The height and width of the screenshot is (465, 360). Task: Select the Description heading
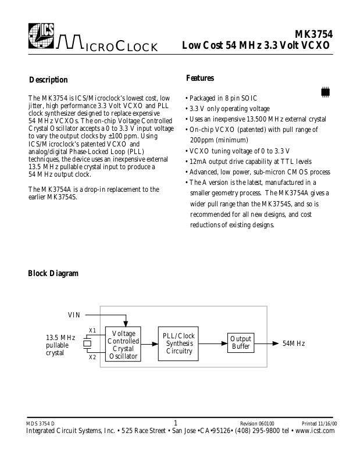48,80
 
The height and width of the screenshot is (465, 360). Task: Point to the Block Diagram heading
54,273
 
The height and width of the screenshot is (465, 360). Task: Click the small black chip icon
326,91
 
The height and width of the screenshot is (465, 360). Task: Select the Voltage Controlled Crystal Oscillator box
123,344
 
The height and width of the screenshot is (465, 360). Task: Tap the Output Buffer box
241,343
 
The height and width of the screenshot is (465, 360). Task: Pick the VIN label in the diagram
74,316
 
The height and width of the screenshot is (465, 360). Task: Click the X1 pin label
92,331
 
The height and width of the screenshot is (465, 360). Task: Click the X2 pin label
92,357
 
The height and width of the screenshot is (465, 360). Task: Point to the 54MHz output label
293,344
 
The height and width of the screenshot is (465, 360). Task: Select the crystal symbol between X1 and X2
88,344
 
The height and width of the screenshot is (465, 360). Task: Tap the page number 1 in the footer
176,423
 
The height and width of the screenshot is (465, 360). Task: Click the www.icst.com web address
315,431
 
